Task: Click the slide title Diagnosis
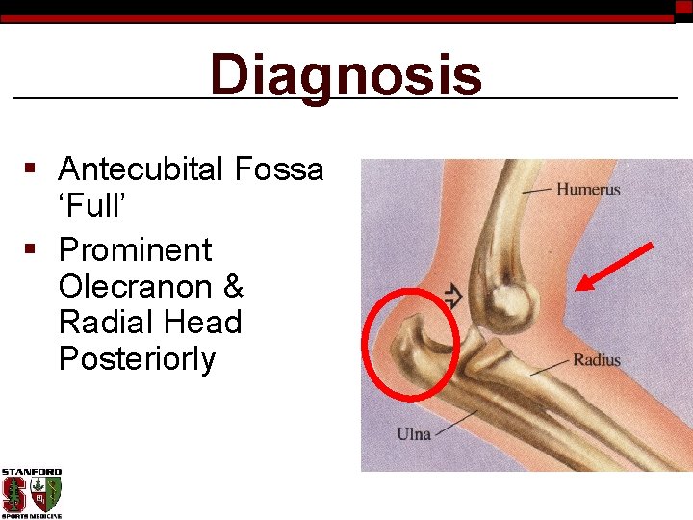(x=346, y=77)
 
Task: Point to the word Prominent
(x=135, y=250)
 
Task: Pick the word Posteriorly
(x=137, y=359)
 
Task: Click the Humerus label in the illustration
(x=588, y=190)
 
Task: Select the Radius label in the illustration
(x=597, y=361)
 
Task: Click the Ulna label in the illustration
(x=414, y=434)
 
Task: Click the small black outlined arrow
(x=451, y=297)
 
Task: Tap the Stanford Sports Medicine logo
(x=31, y=493)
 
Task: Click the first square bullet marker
(x=31, y=170)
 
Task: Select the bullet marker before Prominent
(x=31, y=251)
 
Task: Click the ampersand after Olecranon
(x=231, y=287)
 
